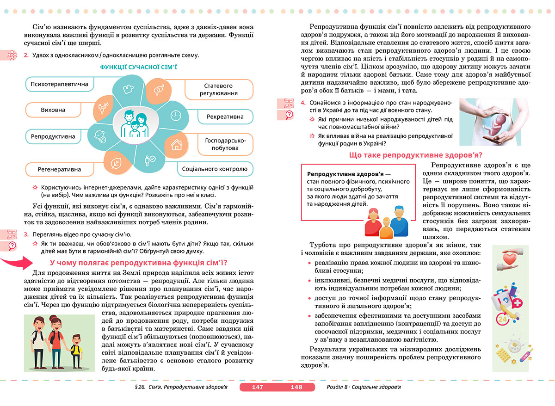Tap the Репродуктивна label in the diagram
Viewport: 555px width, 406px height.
tap(53, 136)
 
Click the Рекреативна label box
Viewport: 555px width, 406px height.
tap(225, 117)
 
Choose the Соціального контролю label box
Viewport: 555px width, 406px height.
tap(215, 169)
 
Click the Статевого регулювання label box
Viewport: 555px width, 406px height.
tap(219, 89)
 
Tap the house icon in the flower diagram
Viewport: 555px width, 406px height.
tap(176, 145)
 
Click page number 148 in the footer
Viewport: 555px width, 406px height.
tap(296, 387)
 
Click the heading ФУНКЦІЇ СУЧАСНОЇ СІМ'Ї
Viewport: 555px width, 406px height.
tap(139, 68)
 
